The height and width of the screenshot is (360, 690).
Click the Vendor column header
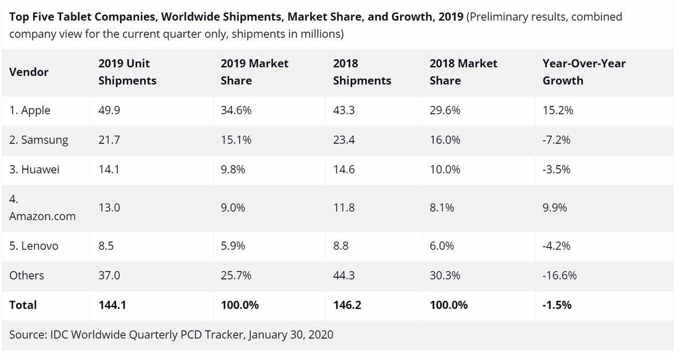pyautogui.click(x=29, y=72)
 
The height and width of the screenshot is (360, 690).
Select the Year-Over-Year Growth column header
pyautogui.click(x=584, y=72)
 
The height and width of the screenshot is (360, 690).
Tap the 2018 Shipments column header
pyautogui.click(x=362, y=72)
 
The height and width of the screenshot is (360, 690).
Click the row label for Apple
pyautogui.click(x=30, y=110)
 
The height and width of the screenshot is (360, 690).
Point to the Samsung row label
pyautogui.click(x=38, y=140)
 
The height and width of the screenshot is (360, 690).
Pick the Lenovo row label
pyautogui.click(x=34, y=246)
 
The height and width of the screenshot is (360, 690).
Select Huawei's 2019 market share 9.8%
pyautogui.click(x=233, y=170)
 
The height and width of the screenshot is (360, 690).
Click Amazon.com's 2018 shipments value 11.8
pyautogui.click(x=343, y=208)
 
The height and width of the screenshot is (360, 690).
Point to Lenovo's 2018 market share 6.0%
pyautogui.click(x=442, y=246)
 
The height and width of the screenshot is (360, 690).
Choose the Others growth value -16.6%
pyautogui.click(x=559, y=275)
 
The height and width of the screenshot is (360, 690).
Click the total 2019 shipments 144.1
pyautogui.click(x=112, y=305)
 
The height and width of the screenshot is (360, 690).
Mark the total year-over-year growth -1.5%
pyautogui.click(x=557, y=305)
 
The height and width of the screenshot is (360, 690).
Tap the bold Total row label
pyautogui.click(x=23, y=305)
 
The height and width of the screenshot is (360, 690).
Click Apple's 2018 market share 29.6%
pyautogui.click(x=444, y=110)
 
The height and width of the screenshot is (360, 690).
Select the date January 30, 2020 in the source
pyautogui.click(x=290, y=335)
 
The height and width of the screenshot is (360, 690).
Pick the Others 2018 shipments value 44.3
pyautogui.click(x=343, y=275)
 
